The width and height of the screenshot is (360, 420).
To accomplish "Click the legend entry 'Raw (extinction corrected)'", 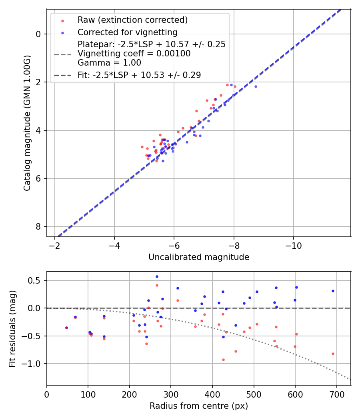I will (x=132, y=20).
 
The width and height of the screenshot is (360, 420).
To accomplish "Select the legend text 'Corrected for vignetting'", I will (x=127, y=32).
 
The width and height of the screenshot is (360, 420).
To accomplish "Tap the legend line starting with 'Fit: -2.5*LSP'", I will (x=139, y=75).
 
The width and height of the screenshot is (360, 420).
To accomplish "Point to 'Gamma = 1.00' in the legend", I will (x=109, y=62).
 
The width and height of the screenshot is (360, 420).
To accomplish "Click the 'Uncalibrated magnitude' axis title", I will (x=199, y=257).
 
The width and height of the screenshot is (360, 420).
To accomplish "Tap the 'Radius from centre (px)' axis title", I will (x=199, y=406).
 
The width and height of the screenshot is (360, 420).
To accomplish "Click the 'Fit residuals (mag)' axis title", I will (x=12, y=328).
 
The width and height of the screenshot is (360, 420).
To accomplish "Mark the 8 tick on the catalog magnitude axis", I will (x=39, y=226).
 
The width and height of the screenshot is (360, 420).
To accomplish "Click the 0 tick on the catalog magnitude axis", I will (x=39, y=34).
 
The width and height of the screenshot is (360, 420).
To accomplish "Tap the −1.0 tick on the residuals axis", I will (x=34, y=364).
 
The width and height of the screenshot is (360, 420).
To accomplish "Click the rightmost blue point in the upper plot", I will (x=256, y=86).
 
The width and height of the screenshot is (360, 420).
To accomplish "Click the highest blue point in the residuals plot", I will (x=157, y=276).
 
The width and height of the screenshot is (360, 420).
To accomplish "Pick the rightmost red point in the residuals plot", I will (x=333, y=354).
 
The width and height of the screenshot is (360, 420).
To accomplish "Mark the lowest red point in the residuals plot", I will (x=223, y=360).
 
